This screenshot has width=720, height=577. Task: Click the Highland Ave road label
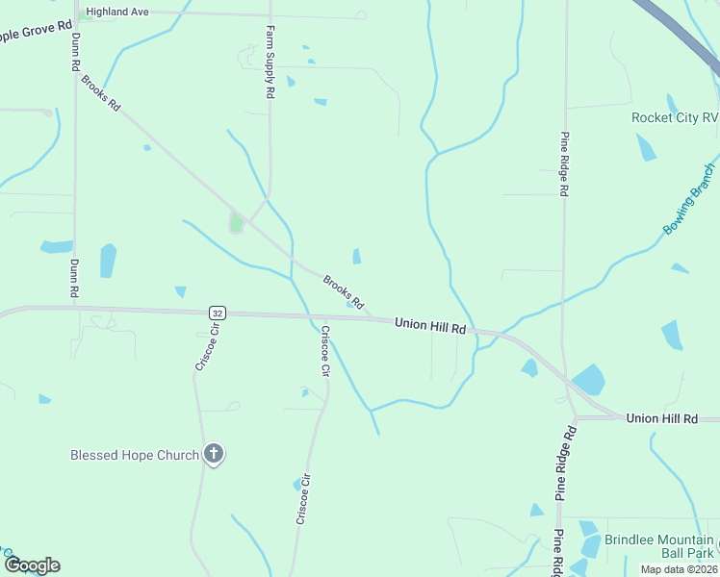(117, 13)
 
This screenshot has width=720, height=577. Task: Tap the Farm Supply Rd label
(270, 64)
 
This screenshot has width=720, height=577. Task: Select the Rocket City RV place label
(675, 117)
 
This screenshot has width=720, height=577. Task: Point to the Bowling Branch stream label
(689, 200)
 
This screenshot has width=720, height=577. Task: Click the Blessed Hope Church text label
(135, 455)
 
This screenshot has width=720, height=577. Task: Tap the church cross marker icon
(214, 454)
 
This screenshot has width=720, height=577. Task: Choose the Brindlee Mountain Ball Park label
(659, 546)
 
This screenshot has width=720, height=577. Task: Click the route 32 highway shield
(218, 313)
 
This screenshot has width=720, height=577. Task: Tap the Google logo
(32, 565)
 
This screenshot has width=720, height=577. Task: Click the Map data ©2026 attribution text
(679, 569)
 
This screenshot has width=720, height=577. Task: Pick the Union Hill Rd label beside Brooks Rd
(430, 328)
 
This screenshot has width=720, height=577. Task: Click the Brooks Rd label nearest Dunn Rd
(101, 93)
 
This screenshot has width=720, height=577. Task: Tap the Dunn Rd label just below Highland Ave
(74, 53)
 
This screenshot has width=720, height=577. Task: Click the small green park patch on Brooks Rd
(236, 223)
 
